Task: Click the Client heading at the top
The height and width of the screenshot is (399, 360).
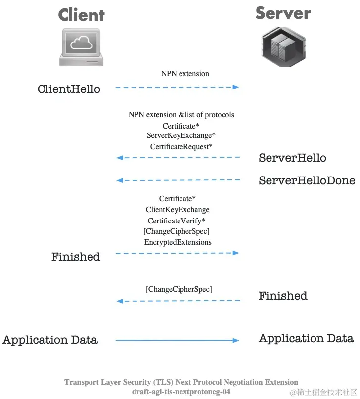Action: click(81, 15)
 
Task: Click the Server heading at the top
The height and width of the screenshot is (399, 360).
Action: click(283, 13)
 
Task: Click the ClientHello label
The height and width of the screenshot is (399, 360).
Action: click(69, 89)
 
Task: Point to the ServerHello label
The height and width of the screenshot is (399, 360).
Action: click(292, 158)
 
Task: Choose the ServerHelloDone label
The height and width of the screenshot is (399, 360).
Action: click(307, 181)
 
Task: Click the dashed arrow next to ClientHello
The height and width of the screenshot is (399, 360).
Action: click(177, 87)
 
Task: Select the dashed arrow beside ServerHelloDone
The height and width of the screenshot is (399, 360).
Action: click(178, 180)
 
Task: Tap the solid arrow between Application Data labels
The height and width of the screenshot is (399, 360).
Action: click(177, 340)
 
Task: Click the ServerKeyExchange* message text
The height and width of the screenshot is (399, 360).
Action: click(181, 135)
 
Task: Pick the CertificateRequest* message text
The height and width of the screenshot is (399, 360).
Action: click(181, 147)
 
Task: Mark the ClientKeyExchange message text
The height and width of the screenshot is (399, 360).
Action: click(178, 210)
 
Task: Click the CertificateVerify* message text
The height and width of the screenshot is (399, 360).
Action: click(177, 221)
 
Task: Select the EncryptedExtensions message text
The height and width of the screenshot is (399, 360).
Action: click(178, 242)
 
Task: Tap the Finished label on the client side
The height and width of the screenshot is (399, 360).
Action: click(76, 257)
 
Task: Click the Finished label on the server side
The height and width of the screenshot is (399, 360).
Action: click(283, 296)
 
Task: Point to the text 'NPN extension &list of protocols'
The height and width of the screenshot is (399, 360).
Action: click(181, 115)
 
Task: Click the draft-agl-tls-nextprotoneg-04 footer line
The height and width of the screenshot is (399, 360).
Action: click(181, 392)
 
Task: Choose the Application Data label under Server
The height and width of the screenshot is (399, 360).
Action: click(306, 339)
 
